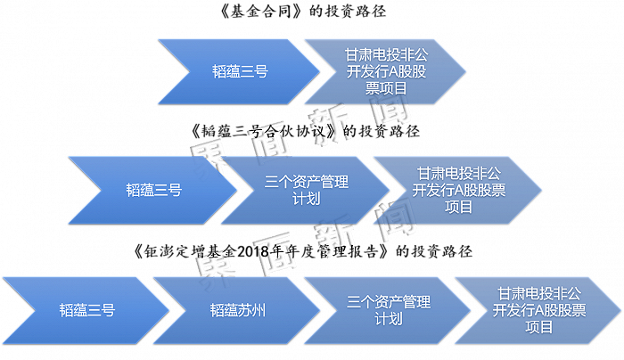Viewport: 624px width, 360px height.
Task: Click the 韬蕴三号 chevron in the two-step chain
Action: click(239, 71)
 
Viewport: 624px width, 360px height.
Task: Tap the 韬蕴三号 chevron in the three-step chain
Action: click(152, 190)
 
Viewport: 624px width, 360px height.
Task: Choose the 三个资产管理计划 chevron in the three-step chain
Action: click(306, 190)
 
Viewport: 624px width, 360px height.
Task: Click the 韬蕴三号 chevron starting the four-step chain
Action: click(85, 310)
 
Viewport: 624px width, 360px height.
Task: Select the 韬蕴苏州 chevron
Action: click(236, 310)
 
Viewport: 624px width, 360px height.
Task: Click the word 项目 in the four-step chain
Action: click(539, 327)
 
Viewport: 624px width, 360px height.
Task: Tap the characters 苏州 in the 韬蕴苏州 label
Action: click(251, 310)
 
